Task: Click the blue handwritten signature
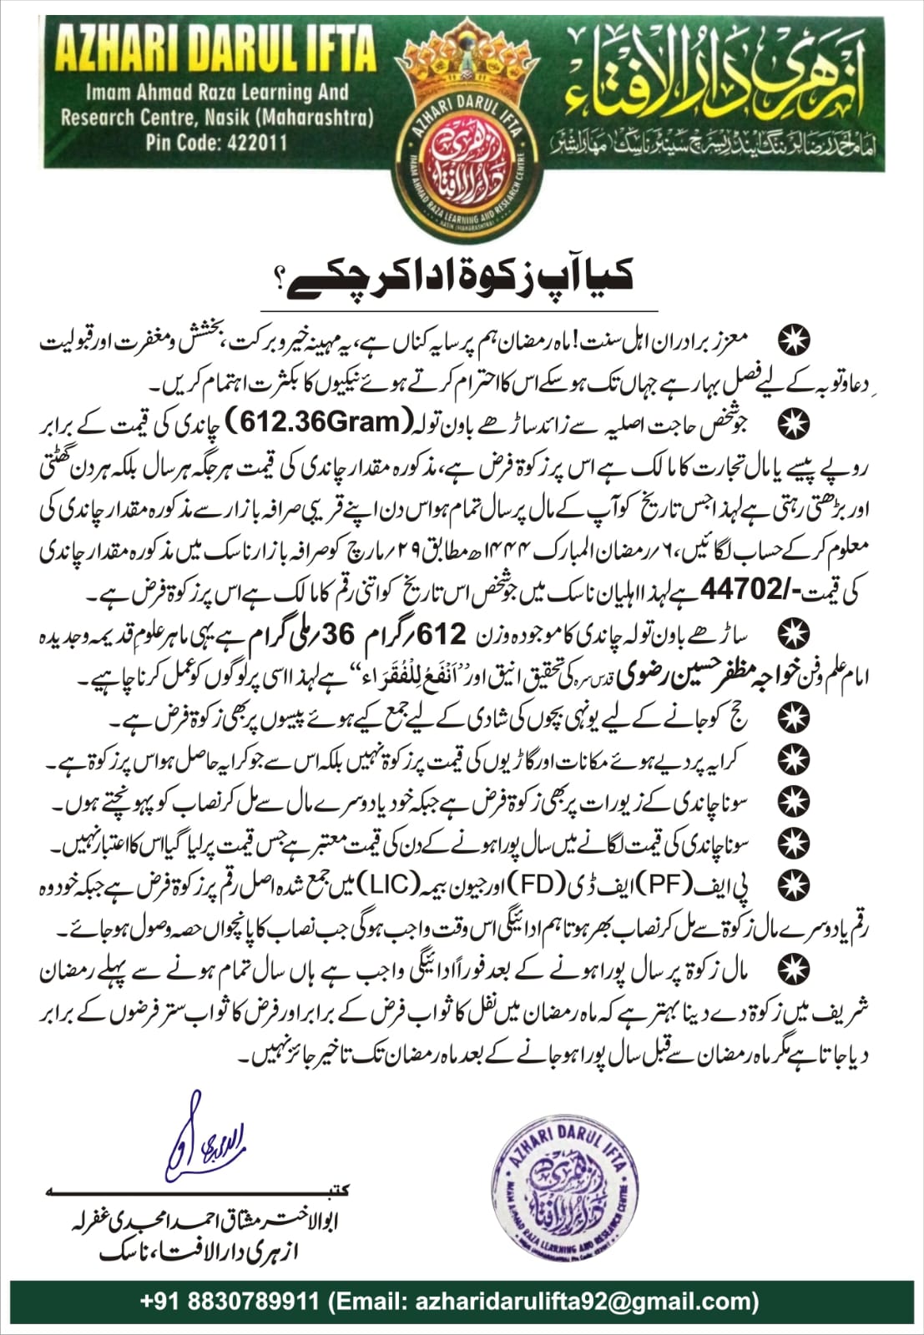[200, 1137]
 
